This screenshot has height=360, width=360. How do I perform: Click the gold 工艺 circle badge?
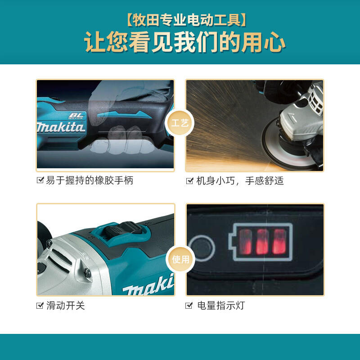(180, 123)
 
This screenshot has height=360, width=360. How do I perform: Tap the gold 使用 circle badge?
(180, 259)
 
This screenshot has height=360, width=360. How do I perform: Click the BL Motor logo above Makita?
(76, 116)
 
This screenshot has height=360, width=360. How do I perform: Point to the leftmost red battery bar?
(245, 242)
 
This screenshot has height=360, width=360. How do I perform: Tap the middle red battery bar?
(262, 242)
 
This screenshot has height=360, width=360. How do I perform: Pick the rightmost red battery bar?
(279, 242)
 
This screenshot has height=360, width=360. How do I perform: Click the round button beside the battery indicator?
(202, 248)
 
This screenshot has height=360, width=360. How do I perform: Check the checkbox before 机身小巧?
(189, 180)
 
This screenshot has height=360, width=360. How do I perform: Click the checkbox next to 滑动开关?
(40, 306)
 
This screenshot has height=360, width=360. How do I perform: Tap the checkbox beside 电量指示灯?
(189, 306)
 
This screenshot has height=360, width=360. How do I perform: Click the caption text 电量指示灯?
(221, 306)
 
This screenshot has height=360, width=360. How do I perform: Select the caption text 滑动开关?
(66, 306)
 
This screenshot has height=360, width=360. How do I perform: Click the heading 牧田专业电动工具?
(186, 20)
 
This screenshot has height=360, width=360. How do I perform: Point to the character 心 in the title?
(274, 42)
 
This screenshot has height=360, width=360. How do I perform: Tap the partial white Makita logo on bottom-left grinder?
(148, 285)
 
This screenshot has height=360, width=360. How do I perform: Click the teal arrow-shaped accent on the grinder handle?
(124, 114)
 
